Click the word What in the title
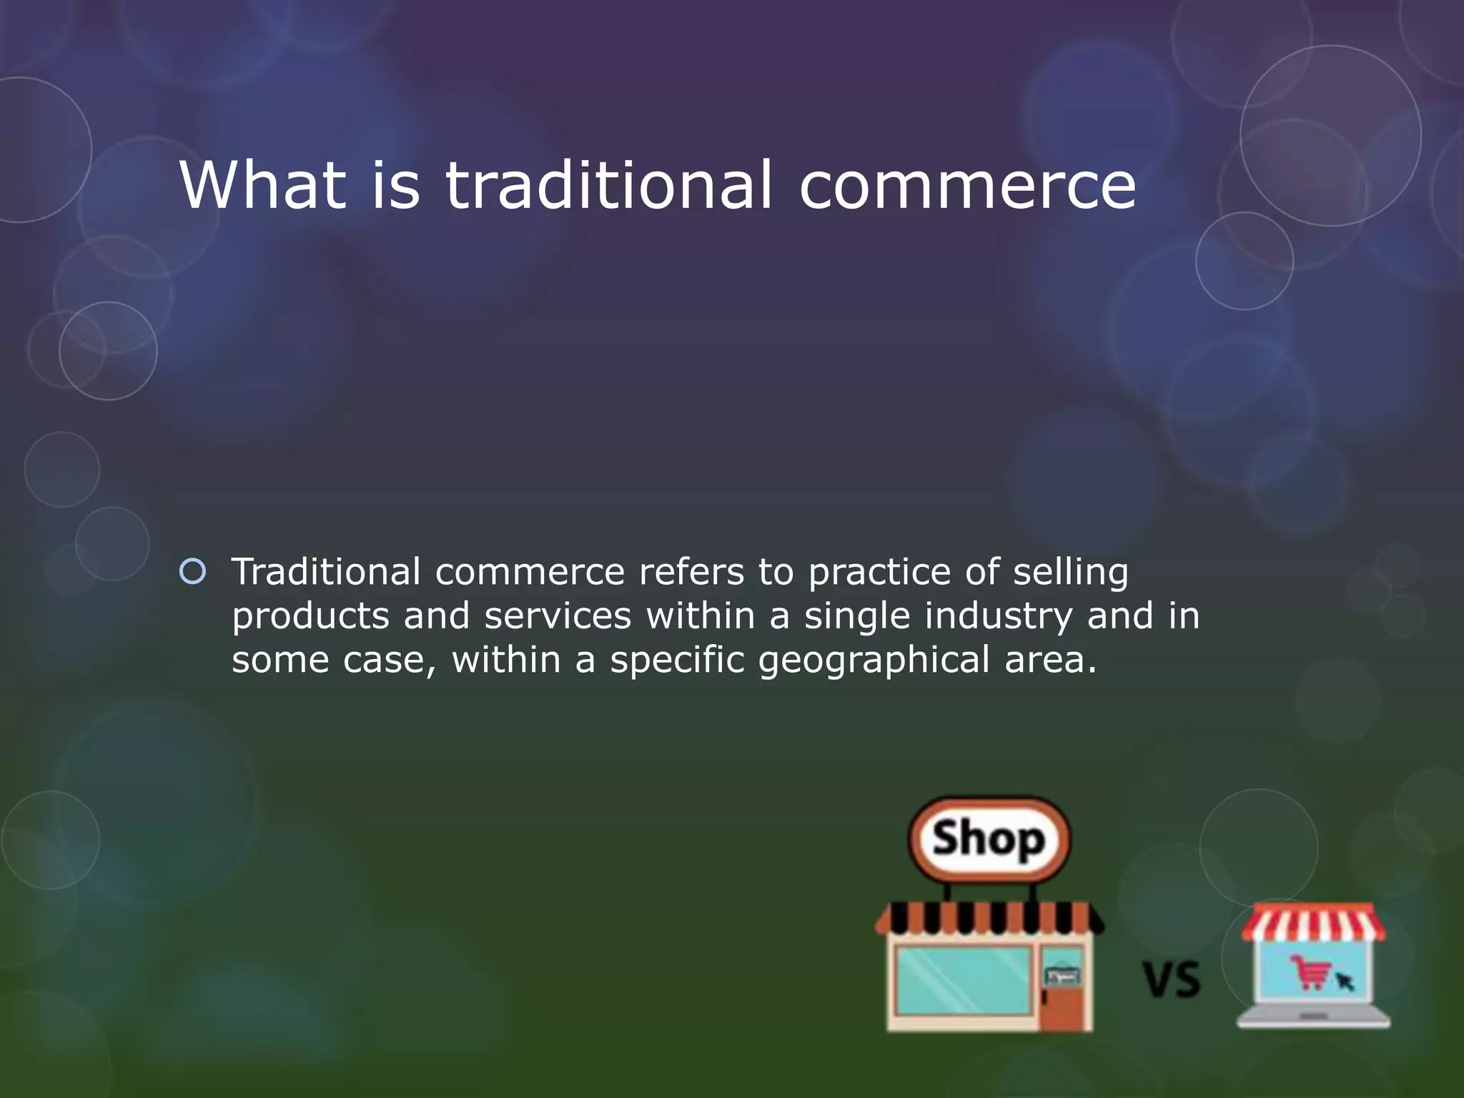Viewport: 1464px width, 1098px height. (262, 185)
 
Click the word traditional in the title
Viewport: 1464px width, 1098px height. (608, 185)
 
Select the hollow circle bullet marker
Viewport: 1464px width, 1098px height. (192, 572)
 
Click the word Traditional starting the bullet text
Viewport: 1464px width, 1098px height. (326, 572)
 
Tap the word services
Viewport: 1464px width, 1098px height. (558, 615)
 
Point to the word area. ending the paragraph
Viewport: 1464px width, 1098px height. (1050, 660)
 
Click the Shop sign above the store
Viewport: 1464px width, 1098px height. (989, 839)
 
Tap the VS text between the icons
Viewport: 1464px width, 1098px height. (1172, 980)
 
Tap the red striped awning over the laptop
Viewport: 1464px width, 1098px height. (1314, 923)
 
